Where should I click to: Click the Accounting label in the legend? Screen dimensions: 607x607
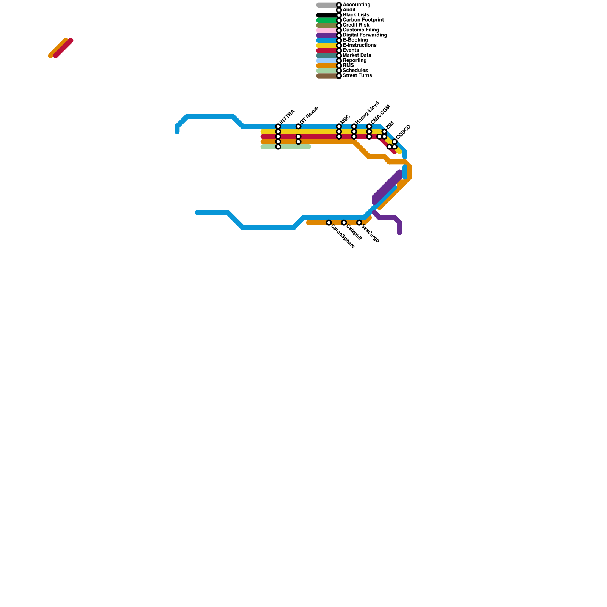[356, 5]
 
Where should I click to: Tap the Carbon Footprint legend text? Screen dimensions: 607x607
[363, 20]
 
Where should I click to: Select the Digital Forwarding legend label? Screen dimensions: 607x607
[365, 35]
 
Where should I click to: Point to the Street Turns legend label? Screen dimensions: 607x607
[357, 76]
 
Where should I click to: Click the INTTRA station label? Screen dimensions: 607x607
[287, 116]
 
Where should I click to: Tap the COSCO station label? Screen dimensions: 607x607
[403, 132]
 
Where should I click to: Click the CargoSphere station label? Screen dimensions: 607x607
[343, 236]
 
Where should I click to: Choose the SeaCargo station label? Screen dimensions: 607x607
[370, 233]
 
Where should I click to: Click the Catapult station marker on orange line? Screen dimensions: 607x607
[344, 223]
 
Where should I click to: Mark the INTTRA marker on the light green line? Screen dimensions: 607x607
[278, 147]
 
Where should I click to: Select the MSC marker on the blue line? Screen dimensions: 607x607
[339, 126]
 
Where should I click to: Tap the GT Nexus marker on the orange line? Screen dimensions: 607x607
[299, 142]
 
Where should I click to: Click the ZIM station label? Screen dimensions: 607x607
[390, 126]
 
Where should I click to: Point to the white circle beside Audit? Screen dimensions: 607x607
[339, 10]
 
